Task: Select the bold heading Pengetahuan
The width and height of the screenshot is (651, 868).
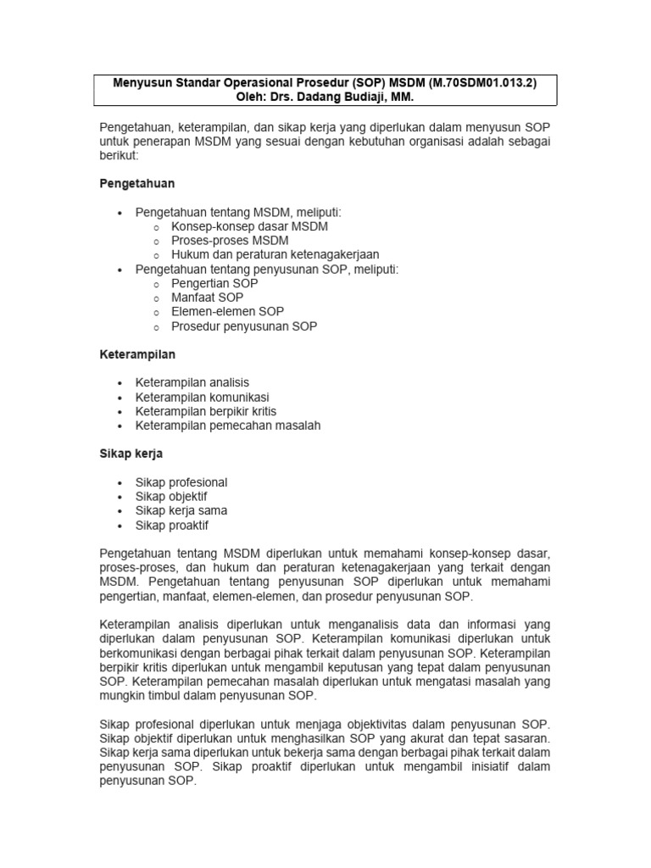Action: point(137,183)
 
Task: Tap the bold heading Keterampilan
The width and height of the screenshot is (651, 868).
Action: point(137,353)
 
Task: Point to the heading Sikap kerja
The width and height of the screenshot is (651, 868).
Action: point(131,453)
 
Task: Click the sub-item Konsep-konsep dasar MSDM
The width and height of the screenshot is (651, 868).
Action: point(249,226)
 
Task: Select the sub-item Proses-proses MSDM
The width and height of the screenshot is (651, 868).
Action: point(229,241)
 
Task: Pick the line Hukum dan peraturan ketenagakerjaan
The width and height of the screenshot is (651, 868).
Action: point(275,254)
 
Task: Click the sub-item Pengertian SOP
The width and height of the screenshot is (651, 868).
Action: point(214,283)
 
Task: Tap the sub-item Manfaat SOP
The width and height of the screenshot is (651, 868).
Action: point(207,298)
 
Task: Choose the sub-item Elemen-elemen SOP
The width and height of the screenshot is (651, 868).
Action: point(227,312)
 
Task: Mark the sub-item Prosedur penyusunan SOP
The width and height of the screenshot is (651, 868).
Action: point(244,326)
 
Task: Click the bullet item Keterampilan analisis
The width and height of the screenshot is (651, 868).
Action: point(192,382)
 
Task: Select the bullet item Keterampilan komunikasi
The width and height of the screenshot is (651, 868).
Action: point(203,397)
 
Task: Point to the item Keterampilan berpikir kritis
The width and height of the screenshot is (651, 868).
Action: point(206,411)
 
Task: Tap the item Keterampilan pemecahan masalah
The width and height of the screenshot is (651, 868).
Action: point(228,426)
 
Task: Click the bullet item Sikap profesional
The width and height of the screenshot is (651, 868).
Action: point(181,482)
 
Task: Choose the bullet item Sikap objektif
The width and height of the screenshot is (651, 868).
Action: point(171,497)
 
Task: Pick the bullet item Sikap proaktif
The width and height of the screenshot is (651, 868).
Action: point(172,526)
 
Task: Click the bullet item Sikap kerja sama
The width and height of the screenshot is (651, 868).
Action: point(181,511)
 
